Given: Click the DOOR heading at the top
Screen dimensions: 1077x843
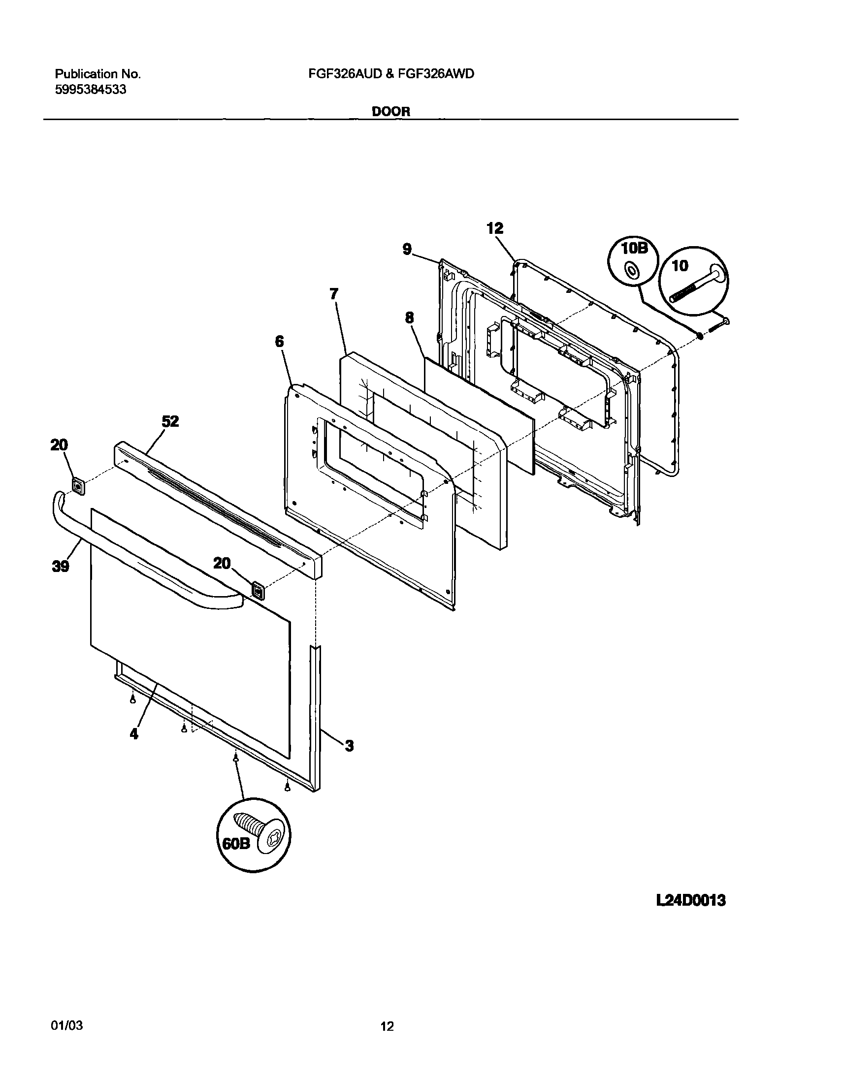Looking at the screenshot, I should [390, 112].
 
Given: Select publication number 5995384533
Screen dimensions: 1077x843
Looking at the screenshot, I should [90, 90].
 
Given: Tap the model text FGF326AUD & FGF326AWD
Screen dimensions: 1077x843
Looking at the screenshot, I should [391, 74].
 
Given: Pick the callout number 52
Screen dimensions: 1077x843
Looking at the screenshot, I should [170, 421].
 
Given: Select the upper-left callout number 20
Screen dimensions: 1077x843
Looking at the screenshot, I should [59, 445].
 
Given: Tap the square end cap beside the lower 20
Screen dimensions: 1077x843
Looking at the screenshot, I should [258, 590].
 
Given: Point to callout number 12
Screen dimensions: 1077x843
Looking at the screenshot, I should [494, 228].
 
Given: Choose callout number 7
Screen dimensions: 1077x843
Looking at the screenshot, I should [334, 294].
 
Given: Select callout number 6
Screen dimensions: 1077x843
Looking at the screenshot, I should [280, 342].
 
